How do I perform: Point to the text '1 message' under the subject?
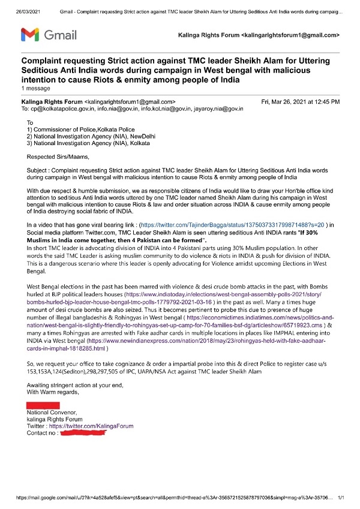(x=36, y=89)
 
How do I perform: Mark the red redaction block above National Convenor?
(x=43, y=406)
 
